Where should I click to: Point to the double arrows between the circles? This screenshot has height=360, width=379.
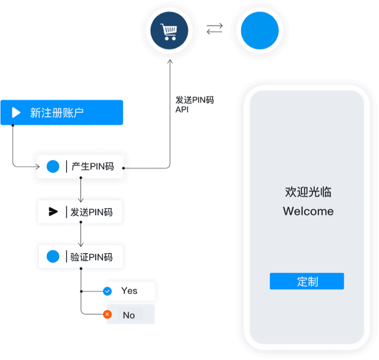click(x=214, y=30)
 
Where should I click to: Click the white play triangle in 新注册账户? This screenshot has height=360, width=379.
click(x=16, y=113)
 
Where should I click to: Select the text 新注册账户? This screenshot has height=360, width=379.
click(x=57, y=113)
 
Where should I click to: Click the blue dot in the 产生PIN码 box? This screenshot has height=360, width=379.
click(x=53, y=167)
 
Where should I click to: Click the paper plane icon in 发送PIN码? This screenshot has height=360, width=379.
click(x=53, y=212)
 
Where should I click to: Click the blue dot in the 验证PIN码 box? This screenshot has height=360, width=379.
click(x=53, y=256)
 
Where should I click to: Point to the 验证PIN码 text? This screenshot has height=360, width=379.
click(x=91, y=257)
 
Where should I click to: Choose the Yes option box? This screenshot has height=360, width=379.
click(x=130, y=291)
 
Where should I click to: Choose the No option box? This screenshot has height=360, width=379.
click(x=129, y=315)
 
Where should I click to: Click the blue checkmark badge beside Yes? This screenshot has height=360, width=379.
click(x=107, y=291)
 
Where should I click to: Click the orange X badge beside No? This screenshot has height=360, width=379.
click(x=107, y=315)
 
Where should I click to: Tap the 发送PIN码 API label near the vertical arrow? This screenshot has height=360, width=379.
click(x=194, y=105)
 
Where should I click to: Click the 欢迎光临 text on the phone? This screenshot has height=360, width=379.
click(x=308, y=192)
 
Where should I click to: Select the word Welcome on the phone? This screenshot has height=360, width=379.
click(x=308, y=211)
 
